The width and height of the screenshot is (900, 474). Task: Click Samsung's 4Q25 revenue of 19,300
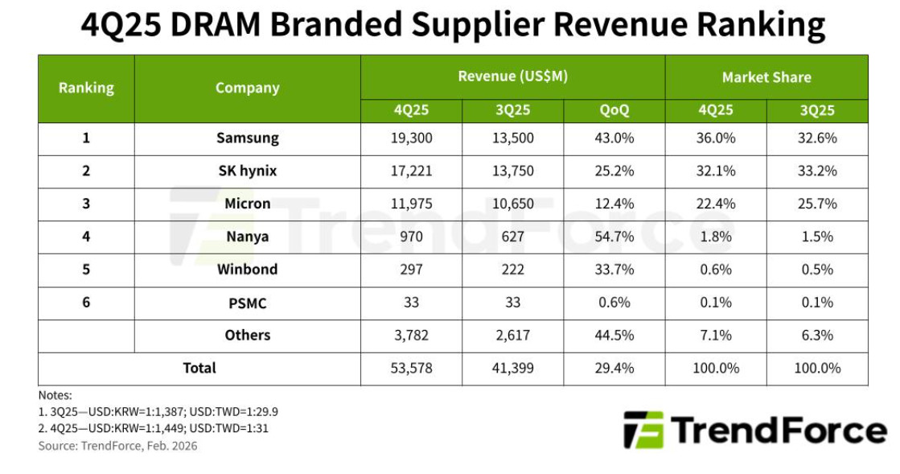(x=411, y=138)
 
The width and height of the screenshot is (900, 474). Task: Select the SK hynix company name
(x=247, y=171)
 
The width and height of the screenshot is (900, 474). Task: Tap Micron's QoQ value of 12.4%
(x=614, y=204)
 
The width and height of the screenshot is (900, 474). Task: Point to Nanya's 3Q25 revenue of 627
(x=512, y=237)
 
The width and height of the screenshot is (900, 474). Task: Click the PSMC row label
(x=247, y=303)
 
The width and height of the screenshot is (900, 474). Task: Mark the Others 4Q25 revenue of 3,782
(x=411, y=336)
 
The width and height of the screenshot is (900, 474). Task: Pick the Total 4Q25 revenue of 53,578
(x=411, y=369)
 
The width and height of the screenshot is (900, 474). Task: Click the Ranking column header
(x=86, y=89)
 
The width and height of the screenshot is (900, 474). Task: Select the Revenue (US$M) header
(x=512, y=77)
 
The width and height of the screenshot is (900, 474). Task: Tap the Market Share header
(x=766, y=77)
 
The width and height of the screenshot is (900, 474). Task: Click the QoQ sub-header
(x=614, y=111)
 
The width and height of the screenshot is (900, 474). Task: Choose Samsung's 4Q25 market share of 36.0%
(x=716, y=138)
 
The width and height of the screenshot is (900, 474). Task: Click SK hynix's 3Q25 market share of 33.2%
(x=817, y=171)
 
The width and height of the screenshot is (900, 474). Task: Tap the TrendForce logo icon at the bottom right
(x=643, y=430)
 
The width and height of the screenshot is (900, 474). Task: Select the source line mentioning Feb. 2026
(x=117, y=446)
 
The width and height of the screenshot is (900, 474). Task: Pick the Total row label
(x=199, y=369)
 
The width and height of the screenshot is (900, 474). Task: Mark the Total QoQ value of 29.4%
(x=614, y=369)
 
